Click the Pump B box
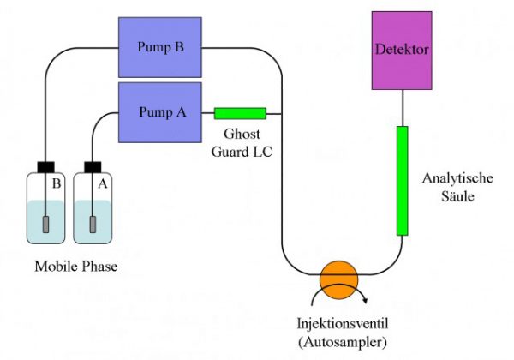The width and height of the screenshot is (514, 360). (x=158, y=46)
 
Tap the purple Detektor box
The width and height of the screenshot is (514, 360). (x=402, y=50)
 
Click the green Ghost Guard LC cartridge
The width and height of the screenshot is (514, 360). (x=240, y=113)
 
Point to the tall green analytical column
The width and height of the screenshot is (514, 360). (x=402, y=180)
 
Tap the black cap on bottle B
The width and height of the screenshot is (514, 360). (x=46, y=165)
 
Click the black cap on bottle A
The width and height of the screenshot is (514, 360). (x=92, y=165)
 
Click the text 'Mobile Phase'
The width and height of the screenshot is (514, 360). (x=75, y=267)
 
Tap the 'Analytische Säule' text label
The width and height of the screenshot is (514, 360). (x=458, y=187)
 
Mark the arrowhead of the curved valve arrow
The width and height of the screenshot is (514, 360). (x=368, y=300)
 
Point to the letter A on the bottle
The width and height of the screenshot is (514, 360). (x=104, y=183)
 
